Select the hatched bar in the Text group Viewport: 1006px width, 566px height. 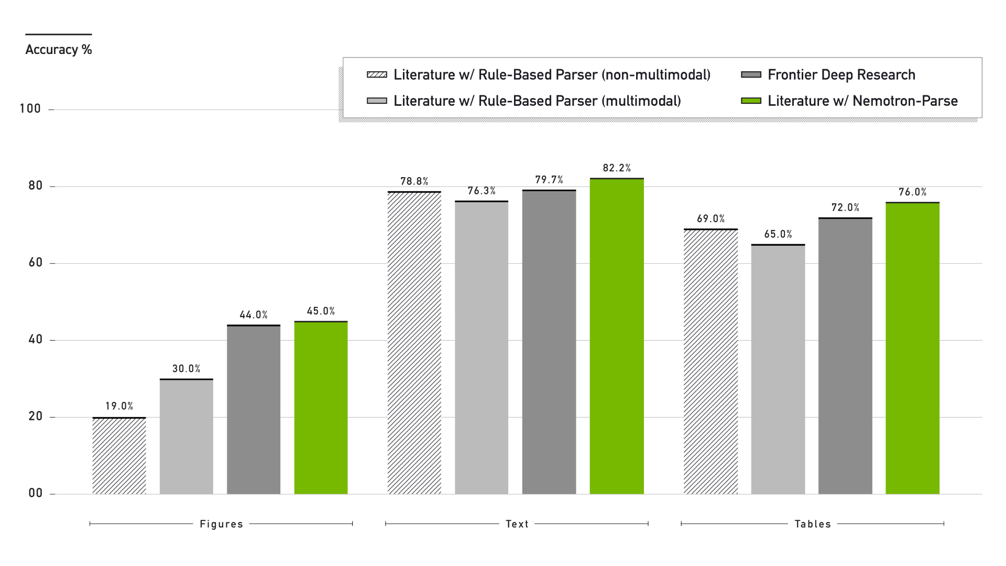tap(414, 343)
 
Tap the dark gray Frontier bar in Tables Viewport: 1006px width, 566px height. tap(845, 356)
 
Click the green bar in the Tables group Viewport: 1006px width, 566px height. tap(912, 348)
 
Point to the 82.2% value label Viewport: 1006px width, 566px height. tap(617, 168)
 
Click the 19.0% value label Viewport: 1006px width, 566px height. tap(119, 406)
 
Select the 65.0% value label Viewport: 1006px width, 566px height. tap(778, 234)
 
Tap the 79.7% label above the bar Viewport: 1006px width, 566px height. tap(549, 180)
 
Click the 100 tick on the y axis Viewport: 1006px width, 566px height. tap(30, 109)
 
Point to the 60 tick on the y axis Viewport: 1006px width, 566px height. tap(36, 263)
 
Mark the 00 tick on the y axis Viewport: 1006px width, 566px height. tap(36, 493)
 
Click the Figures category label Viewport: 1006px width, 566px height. tap(221, 524)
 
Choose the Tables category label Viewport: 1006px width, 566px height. tap(813, 524)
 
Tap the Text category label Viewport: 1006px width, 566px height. tap(517, 524)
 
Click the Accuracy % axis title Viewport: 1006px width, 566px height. tap(59, 50)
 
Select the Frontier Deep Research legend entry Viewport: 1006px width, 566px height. tap(841, 75)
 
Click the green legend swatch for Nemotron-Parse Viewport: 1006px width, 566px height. tap(751, 101)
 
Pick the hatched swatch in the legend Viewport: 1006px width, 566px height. tap(377, 74)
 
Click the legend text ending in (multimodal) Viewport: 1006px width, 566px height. tap(537, 101)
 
